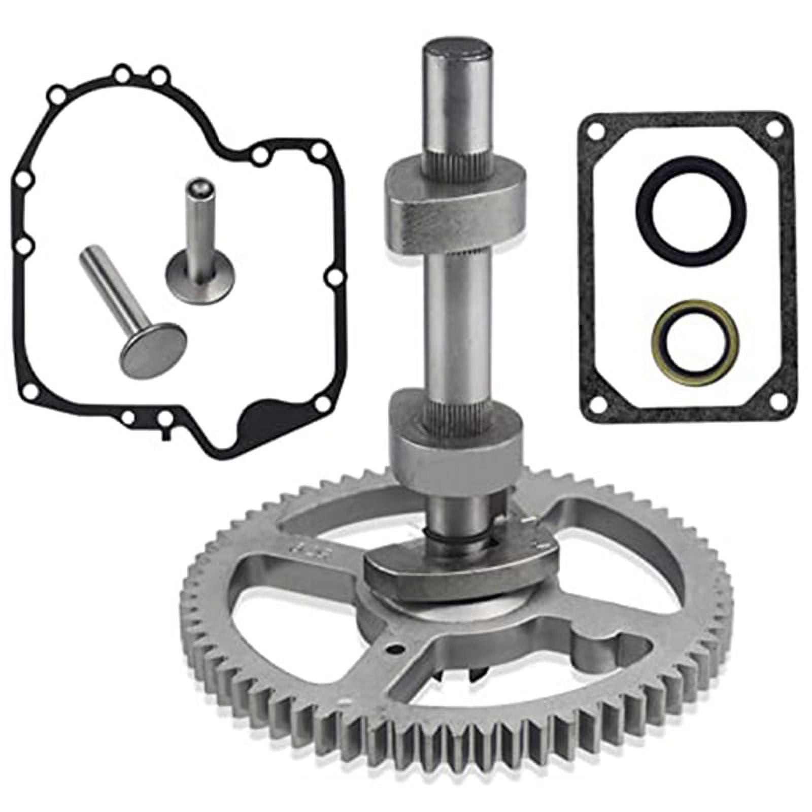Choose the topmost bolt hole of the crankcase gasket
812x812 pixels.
point(122,74)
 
